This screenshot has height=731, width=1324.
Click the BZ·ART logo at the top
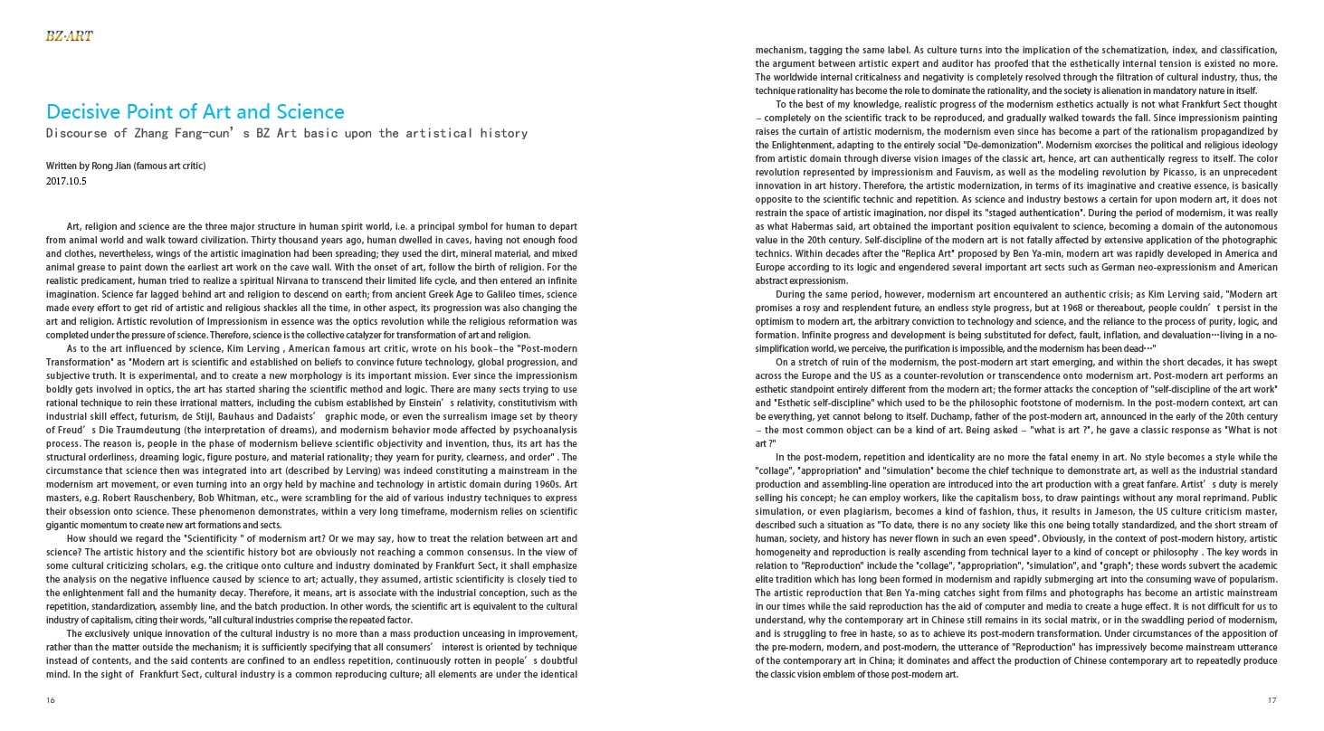69,36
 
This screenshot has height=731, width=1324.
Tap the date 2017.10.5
67,181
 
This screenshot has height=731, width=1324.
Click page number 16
50,700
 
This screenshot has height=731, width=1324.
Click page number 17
1272,700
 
